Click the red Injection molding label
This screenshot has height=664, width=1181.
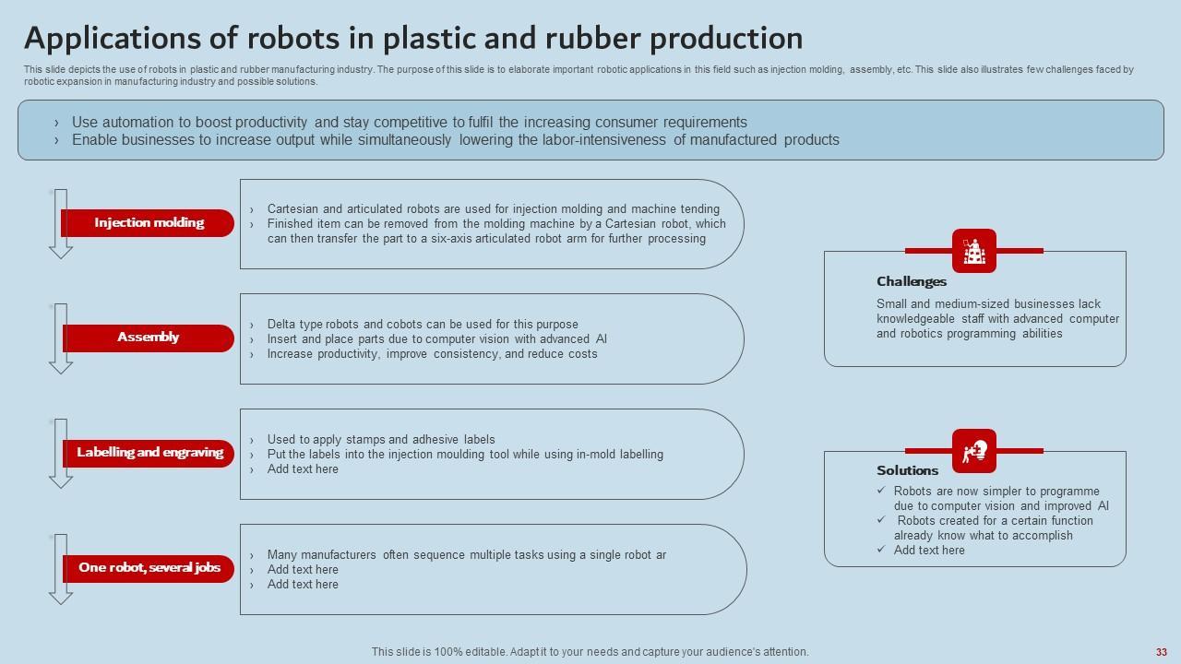tap(149, 223)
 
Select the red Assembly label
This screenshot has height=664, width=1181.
tap(148, 338)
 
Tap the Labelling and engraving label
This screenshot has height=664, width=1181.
tap(149, 453)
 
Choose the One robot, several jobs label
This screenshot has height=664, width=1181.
tap(149, 568)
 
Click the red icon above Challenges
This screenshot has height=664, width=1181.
tap(974, 251)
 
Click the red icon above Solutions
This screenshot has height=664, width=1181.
tap(974, 451)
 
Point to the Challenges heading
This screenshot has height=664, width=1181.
tap(912, 282)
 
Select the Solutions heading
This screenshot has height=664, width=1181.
tap(907, 470)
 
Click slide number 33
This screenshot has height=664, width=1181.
tap(1162, 652)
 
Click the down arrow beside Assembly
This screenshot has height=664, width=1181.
tap(61, 338)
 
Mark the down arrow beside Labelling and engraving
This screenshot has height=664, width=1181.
tap(61, 454)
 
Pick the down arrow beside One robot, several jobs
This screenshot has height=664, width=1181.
tap(61, 569)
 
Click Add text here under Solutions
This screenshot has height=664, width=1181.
tap(929, 551)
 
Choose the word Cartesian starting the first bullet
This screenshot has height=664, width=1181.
tap(293, 209)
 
